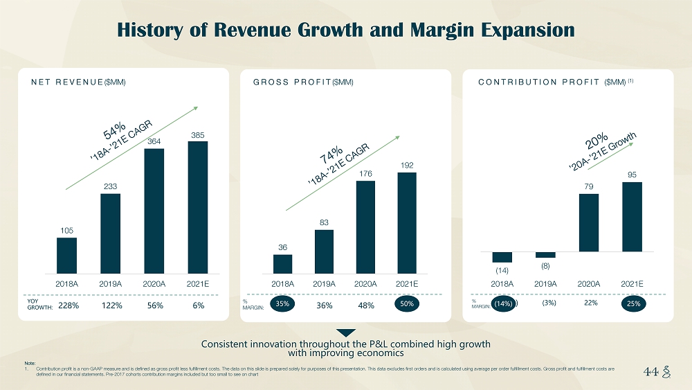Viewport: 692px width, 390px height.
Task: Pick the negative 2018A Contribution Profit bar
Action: pyautogui.click(x=502, y=257)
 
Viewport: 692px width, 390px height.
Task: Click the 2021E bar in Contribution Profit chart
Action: pyautogui.click(x=632, y=217)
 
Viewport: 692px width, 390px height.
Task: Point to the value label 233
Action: pyautogui.click(x=110, y=186)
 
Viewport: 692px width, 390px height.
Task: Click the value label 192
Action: pyautogui.click(x=407, y=165)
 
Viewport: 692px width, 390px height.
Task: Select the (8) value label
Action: pyautogui.click(x=545, y=265)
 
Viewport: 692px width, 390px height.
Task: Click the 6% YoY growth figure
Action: pyautogui.click(x=199, y=305)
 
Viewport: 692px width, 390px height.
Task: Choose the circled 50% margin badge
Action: pyautogui.click(x=407, y=304)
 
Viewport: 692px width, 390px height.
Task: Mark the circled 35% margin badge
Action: pyautogui.click(x=282, y=304)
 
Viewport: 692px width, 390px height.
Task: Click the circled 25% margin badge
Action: pyautogui.click(x=632, y=303)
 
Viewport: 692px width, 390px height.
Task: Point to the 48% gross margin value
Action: pyautogui.click(x=366, y=305)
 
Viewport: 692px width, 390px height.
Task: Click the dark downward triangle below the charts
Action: pyautogui.click(x=345, y=333)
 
